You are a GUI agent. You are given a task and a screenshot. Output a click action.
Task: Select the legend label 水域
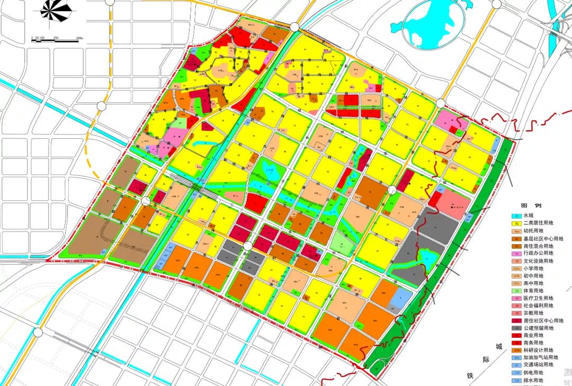tap(529, 216)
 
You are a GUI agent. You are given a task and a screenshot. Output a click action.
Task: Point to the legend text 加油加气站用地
tap(540, 357)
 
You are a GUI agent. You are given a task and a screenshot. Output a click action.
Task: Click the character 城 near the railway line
tap(498, 347)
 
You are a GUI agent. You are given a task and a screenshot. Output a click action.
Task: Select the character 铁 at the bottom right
tap(470, 375)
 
